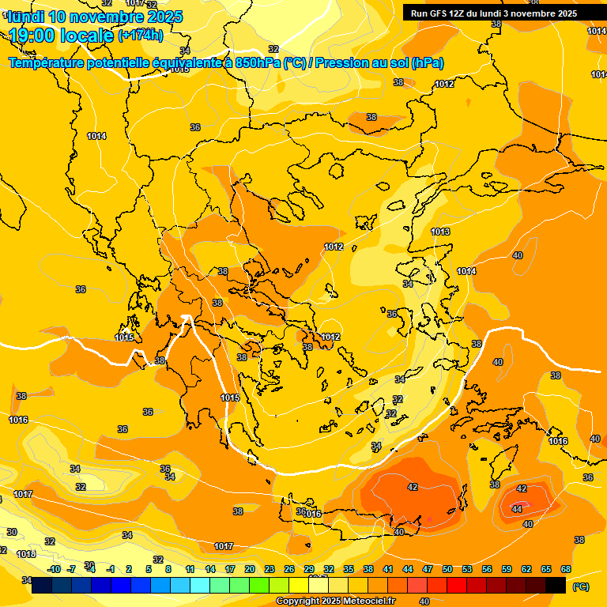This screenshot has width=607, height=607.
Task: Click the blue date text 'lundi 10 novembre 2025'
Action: click(95, 16)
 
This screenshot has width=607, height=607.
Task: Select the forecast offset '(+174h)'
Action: click(141, 35)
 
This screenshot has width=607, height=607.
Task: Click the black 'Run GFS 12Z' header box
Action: click(493, 13)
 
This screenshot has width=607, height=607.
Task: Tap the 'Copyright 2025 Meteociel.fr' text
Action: click(335, 601)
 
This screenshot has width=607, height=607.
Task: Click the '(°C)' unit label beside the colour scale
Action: click(580, 586)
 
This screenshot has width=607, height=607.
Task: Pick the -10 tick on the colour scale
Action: click(54, 569)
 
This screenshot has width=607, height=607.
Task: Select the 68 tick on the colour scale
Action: click(566, 569)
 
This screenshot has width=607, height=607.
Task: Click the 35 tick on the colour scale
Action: click(349, 569)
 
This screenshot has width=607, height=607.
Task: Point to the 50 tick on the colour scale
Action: click(447, 569)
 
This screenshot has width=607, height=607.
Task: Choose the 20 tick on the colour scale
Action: click(250, 569)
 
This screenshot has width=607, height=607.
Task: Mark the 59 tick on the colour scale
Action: click(507, 569)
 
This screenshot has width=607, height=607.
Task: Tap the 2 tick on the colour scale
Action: click(129, 569)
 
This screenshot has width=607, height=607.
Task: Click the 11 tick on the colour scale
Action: click(190, 569)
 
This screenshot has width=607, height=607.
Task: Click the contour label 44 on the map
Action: click(516, 510)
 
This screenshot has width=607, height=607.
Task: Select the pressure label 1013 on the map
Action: click(440, 232)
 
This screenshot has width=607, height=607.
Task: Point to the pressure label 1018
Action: click(26, 554)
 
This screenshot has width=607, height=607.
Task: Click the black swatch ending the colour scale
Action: click(556, 585)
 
